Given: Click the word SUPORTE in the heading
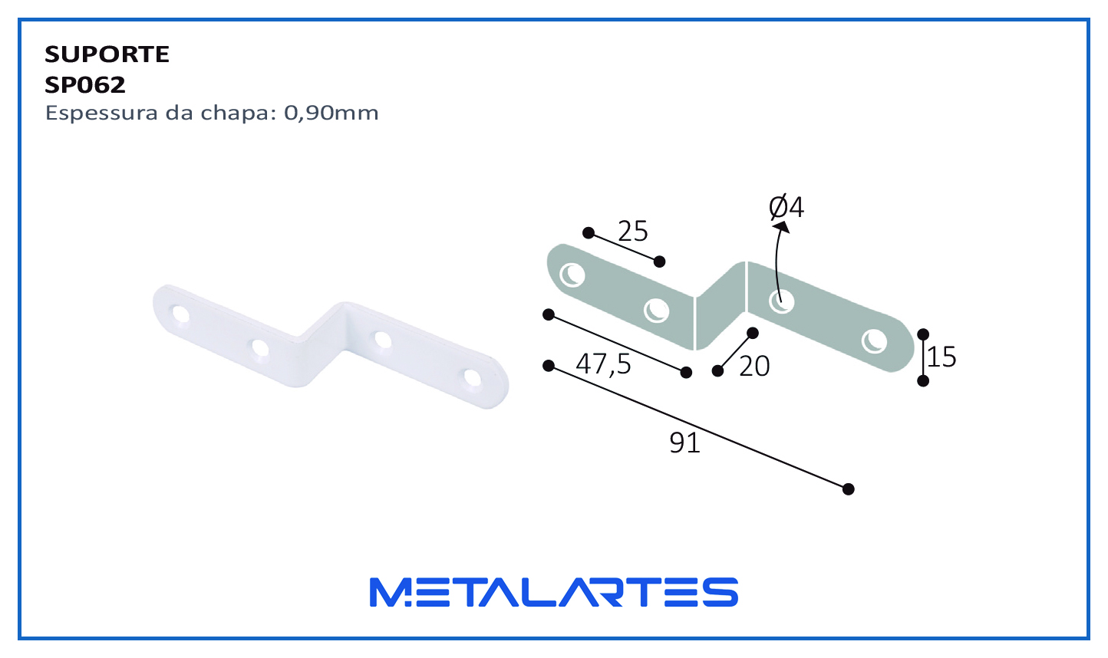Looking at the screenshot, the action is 107,54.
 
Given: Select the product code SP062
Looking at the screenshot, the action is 85,85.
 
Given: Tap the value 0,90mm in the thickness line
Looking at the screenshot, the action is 331,114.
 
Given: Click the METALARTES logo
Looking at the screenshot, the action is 553,592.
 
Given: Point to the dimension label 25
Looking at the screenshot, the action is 632,231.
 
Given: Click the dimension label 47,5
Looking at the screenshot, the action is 603,364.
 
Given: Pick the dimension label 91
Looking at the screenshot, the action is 684,443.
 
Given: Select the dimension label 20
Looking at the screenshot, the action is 754,367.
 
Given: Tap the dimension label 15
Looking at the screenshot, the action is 941,357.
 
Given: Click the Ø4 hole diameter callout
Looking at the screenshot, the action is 786,207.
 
